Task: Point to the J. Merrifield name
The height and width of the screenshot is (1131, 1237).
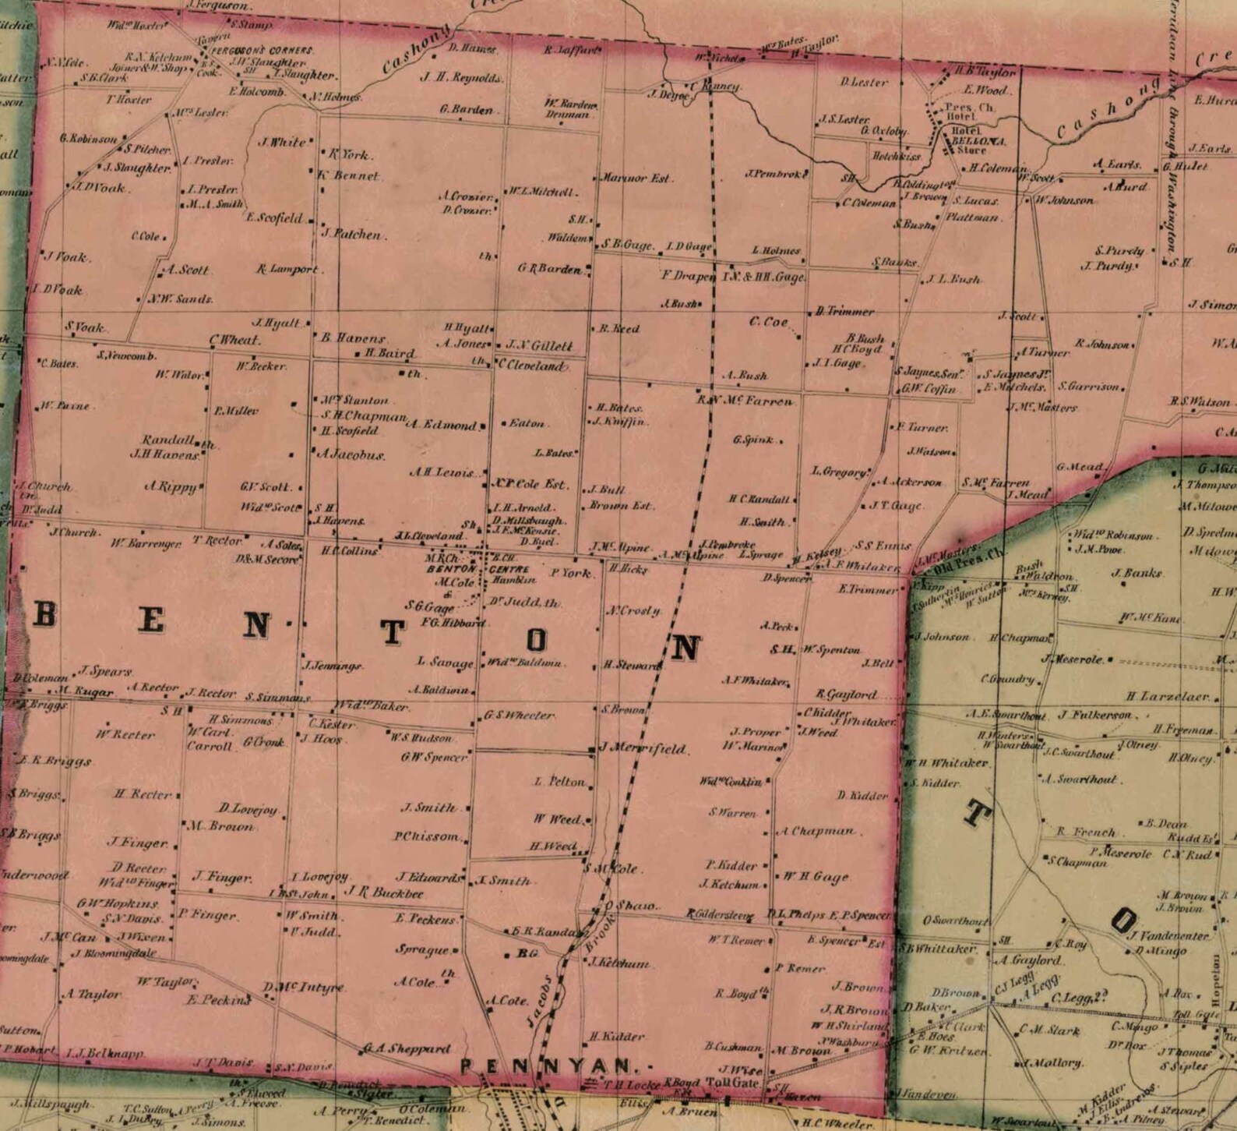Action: [646, 749]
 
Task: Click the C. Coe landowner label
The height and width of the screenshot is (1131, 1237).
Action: [769, 322]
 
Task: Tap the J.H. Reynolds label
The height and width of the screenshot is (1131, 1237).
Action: [461, 77]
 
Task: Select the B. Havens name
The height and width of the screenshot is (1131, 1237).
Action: [353, 338]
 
